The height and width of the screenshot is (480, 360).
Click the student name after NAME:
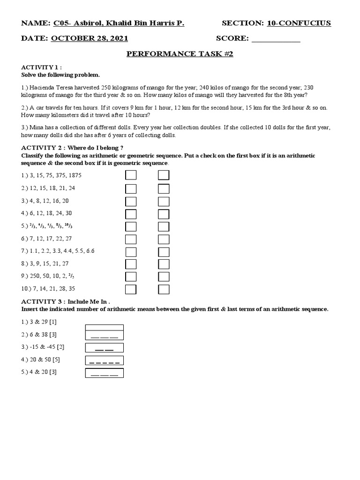[119, 23]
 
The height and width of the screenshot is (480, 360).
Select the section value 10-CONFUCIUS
[299, 23]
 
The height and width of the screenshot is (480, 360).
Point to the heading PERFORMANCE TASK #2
[180, 54]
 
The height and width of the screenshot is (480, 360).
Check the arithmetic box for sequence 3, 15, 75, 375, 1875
[131, 175]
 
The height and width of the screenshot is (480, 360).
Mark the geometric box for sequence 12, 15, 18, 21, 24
[164, 188]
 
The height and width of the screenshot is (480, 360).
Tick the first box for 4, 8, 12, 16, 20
[131, 201]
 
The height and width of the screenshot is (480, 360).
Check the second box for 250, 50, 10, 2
[164, 276]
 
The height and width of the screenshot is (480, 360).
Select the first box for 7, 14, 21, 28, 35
[131, 289]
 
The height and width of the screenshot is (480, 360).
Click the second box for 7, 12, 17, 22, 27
[164, 239]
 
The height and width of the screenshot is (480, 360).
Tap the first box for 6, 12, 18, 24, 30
[131, 214]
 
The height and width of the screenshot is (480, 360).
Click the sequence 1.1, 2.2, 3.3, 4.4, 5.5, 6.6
[58, 251]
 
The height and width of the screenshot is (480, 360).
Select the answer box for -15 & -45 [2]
[105, 347]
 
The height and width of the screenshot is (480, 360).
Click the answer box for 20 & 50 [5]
[105, 360]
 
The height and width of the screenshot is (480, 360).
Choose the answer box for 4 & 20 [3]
[105, 373]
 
